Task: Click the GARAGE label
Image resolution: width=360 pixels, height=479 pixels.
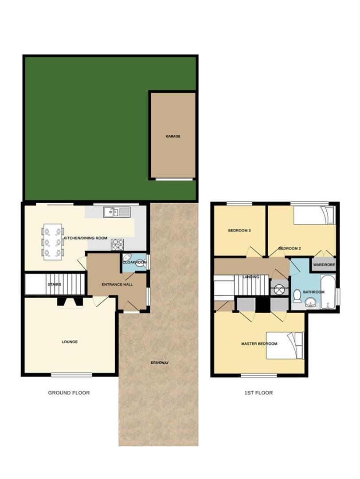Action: (x=173, y=137)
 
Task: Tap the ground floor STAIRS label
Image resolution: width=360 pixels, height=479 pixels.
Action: (x=54, y=285)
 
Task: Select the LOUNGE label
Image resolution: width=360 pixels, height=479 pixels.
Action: (x=70, y=342)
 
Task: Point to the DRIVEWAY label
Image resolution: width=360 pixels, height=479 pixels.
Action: (x=160, y=363)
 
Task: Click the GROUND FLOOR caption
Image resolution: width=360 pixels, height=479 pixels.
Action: (x=69, y=393)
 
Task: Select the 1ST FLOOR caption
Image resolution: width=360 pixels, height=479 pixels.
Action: (x=258, y=393)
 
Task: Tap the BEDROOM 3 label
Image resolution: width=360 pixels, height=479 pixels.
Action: (x=240, y=231)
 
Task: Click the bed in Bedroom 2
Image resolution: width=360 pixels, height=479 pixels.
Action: (x=314, y=216)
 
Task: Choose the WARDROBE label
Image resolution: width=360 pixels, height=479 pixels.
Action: (x=324, y=265)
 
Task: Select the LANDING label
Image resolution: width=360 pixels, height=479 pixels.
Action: (x=251, y=277)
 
